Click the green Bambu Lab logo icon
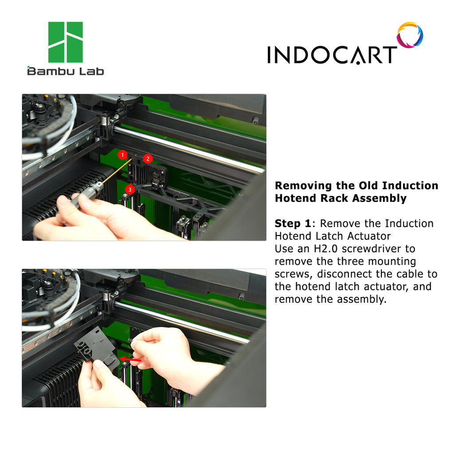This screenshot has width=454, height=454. [66, 42]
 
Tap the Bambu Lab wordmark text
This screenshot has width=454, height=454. [66, 71]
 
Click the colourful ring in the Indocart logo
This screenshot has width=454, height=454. [410, 35]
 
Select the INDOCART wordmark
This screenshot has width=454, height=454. [332, 55]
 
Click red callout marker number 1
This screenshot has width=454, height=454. [122, 155]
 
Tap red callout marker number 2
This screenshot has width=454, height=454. [148, 159]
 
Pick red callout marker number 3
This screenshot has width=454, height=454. [130, 189]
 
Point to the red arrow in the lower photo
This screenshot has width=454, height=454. [130, 360]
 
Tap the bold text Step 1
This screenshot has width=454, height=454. [293, 223]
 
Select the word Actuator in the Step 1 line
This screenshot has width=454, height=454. [369, 236]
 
